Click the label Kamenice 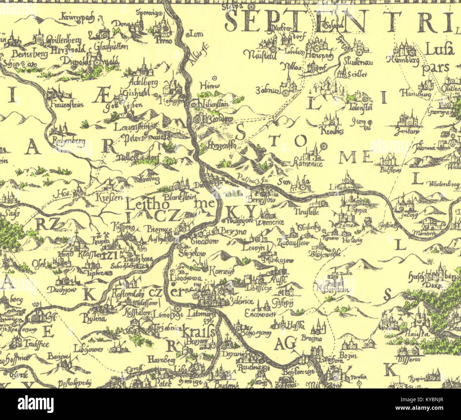tap(308, 164)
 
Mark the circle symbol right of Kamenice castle tap(323, 146)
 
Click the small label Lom tap(196, 34)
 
